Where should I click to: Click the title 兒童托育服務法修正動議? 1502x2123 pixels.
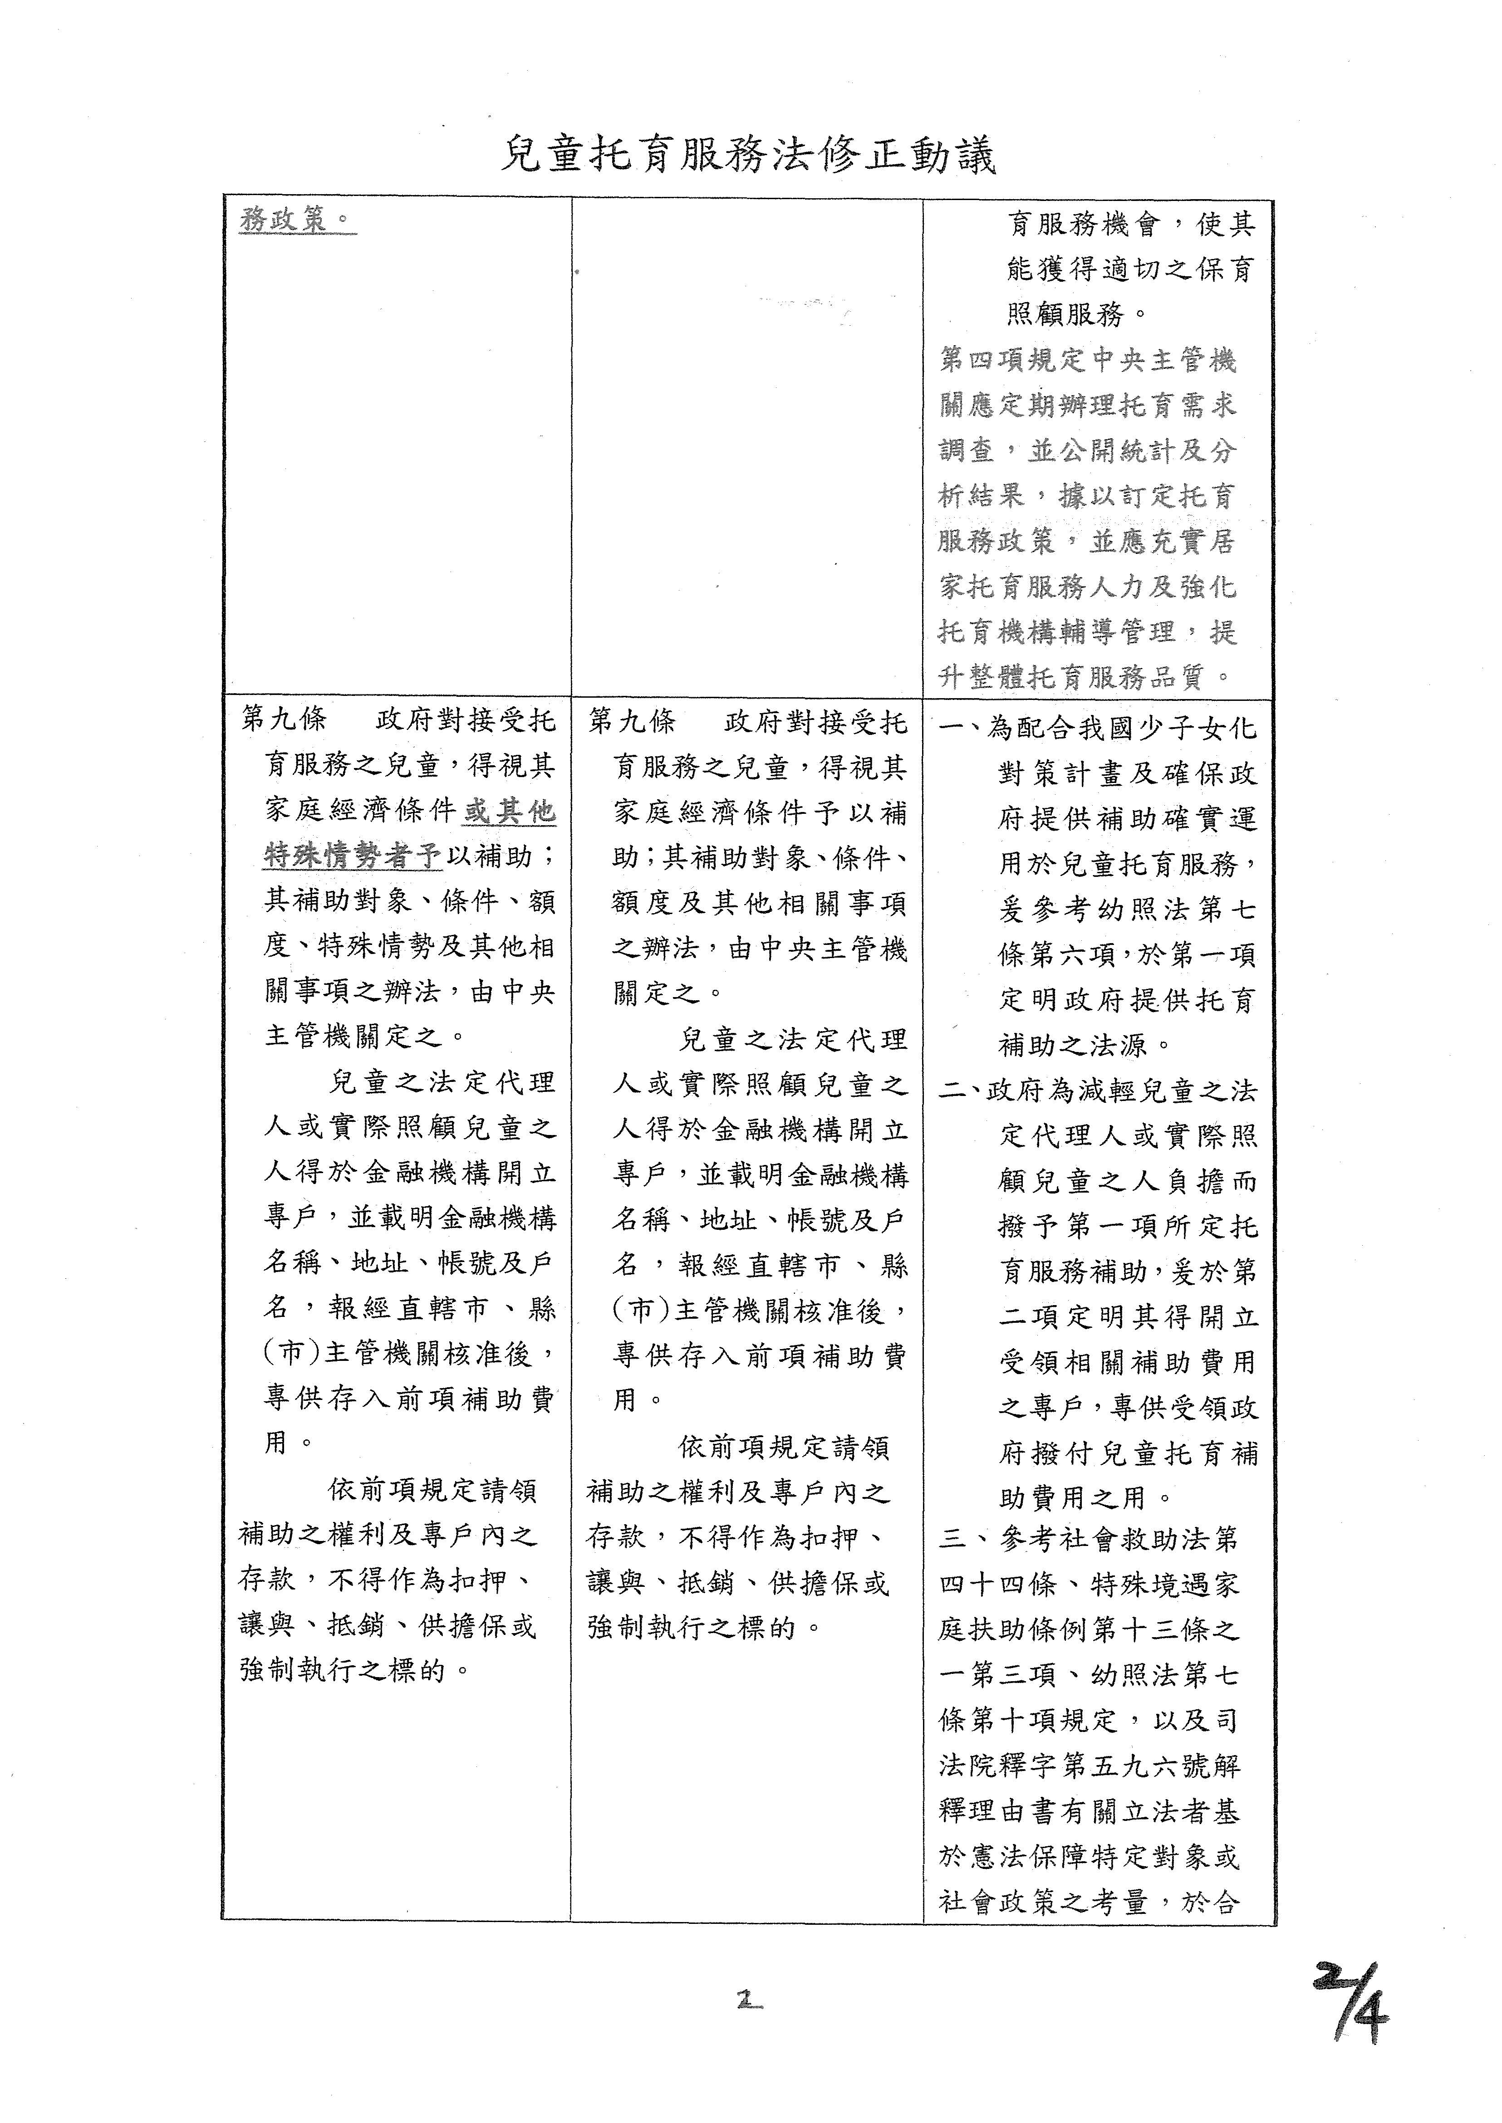(x=749, y=154)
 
